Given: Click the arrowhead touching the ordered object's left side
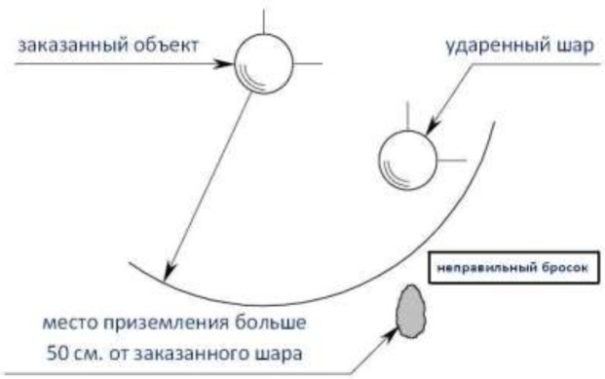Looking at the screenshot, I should tap(227, 66).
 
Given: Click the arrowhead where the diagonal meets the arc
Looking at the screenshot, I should tap(169, 272).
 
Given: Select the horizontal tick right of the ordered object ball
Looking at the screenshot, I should tap(308, 65).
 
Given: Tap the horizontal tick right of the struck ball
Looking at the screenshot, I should tap(449, 157).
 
